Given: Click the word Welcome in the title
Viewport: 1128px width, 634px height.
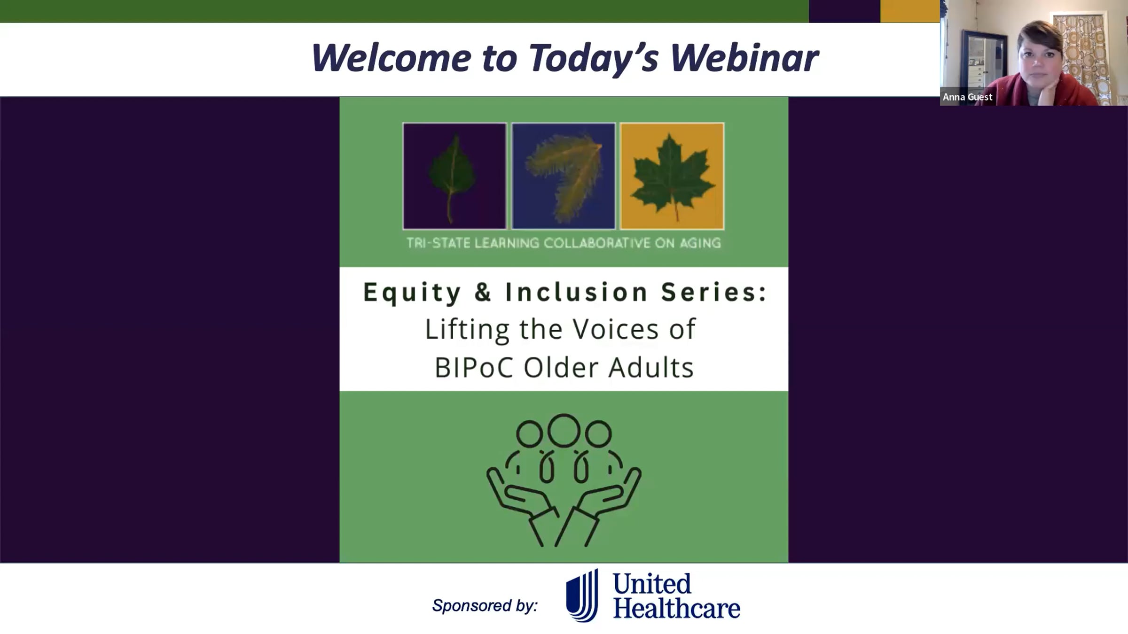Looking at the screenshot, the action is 391,58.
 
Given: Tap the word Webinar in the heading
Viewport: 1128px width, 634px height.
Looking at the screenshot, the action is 744,58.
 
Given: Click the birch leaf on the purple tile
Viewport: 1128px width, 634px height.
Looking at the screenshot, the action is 451,178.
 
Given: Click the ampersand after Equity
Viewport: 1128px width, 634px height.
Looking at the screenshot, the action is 483,292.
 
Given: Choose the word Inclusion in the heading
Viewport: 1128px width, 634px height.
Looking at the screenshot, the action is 577,292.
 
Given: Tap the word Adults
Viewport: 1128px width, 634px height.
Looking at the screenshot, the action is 651,367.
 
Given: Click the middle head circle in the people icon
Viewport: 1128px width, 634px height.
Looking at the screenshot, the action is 564,430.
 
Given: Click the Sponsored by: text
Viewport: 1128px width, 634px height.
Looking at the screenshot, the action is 485,605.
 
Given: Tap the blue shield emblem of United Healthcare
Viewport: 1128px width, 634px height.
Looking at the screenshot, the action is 582,595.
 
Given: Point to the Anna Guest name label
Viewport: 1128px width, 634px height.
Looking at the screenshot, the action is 967,97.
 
